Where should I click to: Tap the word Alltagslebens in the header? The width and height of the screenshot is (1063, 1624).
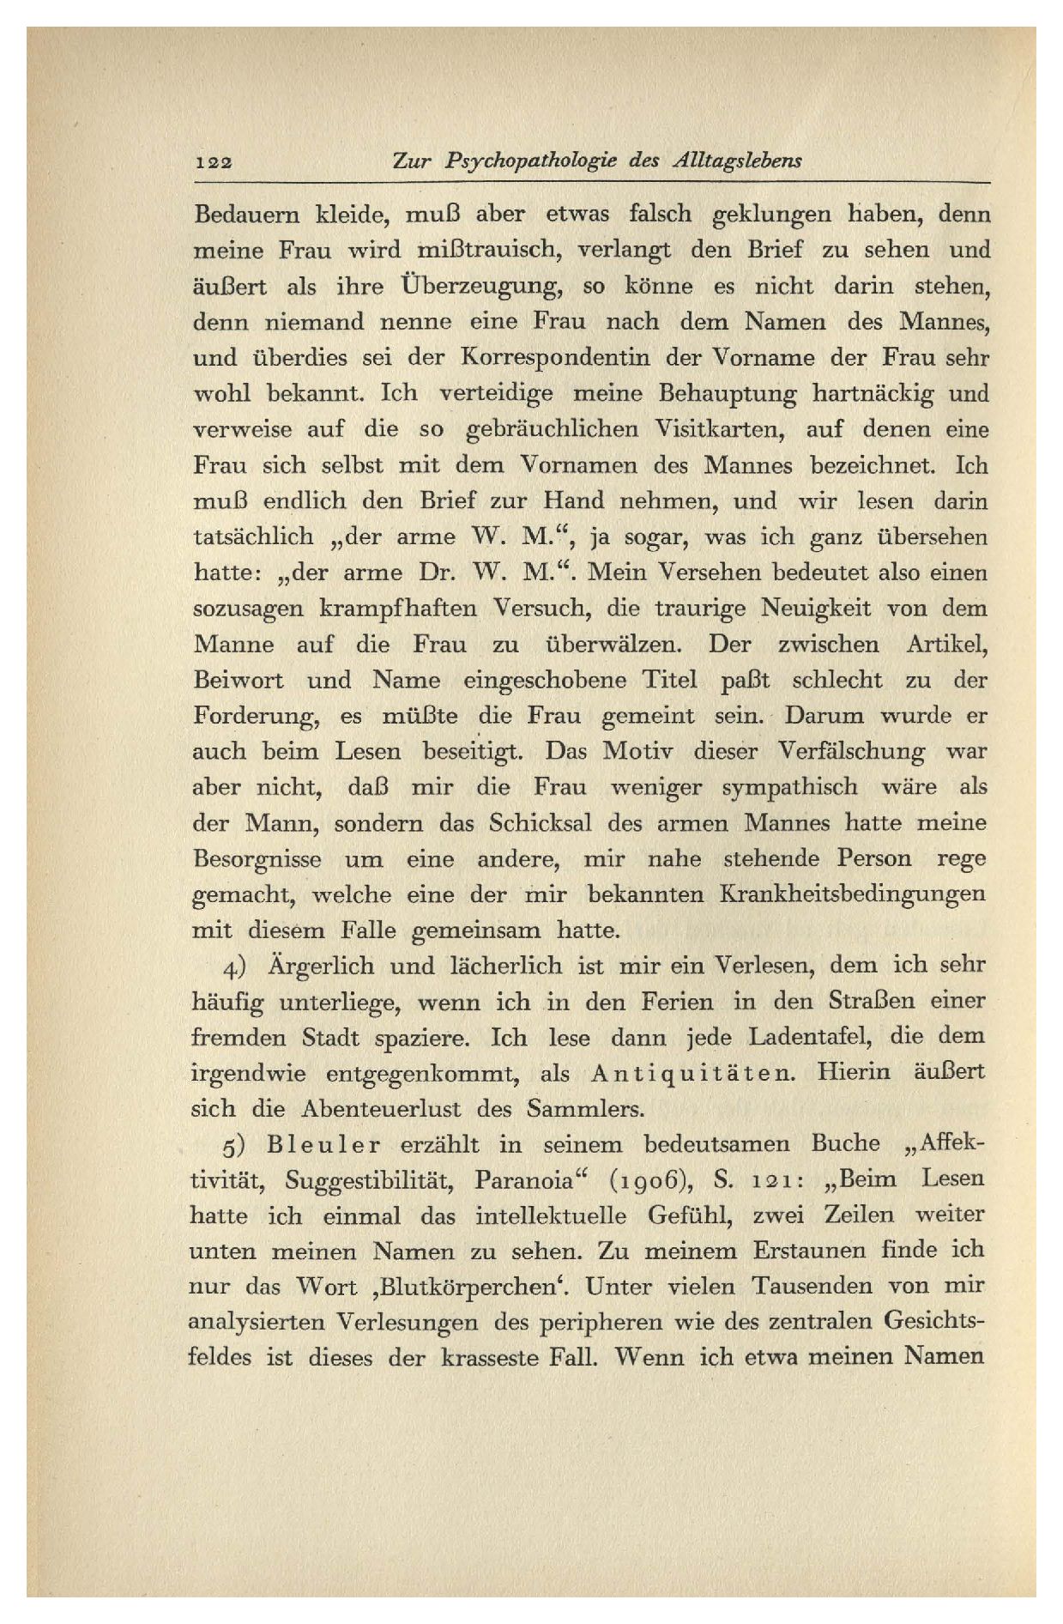[738, 161]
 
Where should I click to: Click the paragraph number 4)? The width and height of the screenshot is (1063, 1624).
[235, 967]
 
